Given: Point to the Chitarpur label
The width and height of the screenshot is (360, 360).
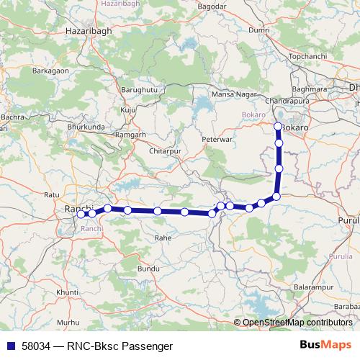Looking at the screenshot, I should point(164,151).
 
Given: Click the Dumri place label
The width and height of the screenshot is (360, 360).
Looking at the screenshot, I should point(258,31).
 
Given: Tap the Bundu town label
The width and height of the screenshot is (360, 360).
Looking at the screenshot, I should point(148,268).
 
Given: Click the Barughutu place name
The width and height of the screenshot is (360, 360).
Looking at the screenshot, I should point(139,90).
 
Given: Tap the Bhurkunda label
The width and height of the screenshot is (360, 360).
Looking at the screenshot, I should point(86,127).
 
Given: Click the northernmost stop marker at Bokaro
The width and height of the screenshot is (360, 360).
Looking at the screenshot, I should point(279,127).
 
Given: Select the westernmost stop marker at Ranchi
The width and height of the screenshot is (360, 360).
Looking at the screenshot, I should point(81,213).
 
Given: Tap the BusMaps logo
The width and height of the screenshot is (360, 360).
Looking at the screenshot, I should point(325,344).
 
